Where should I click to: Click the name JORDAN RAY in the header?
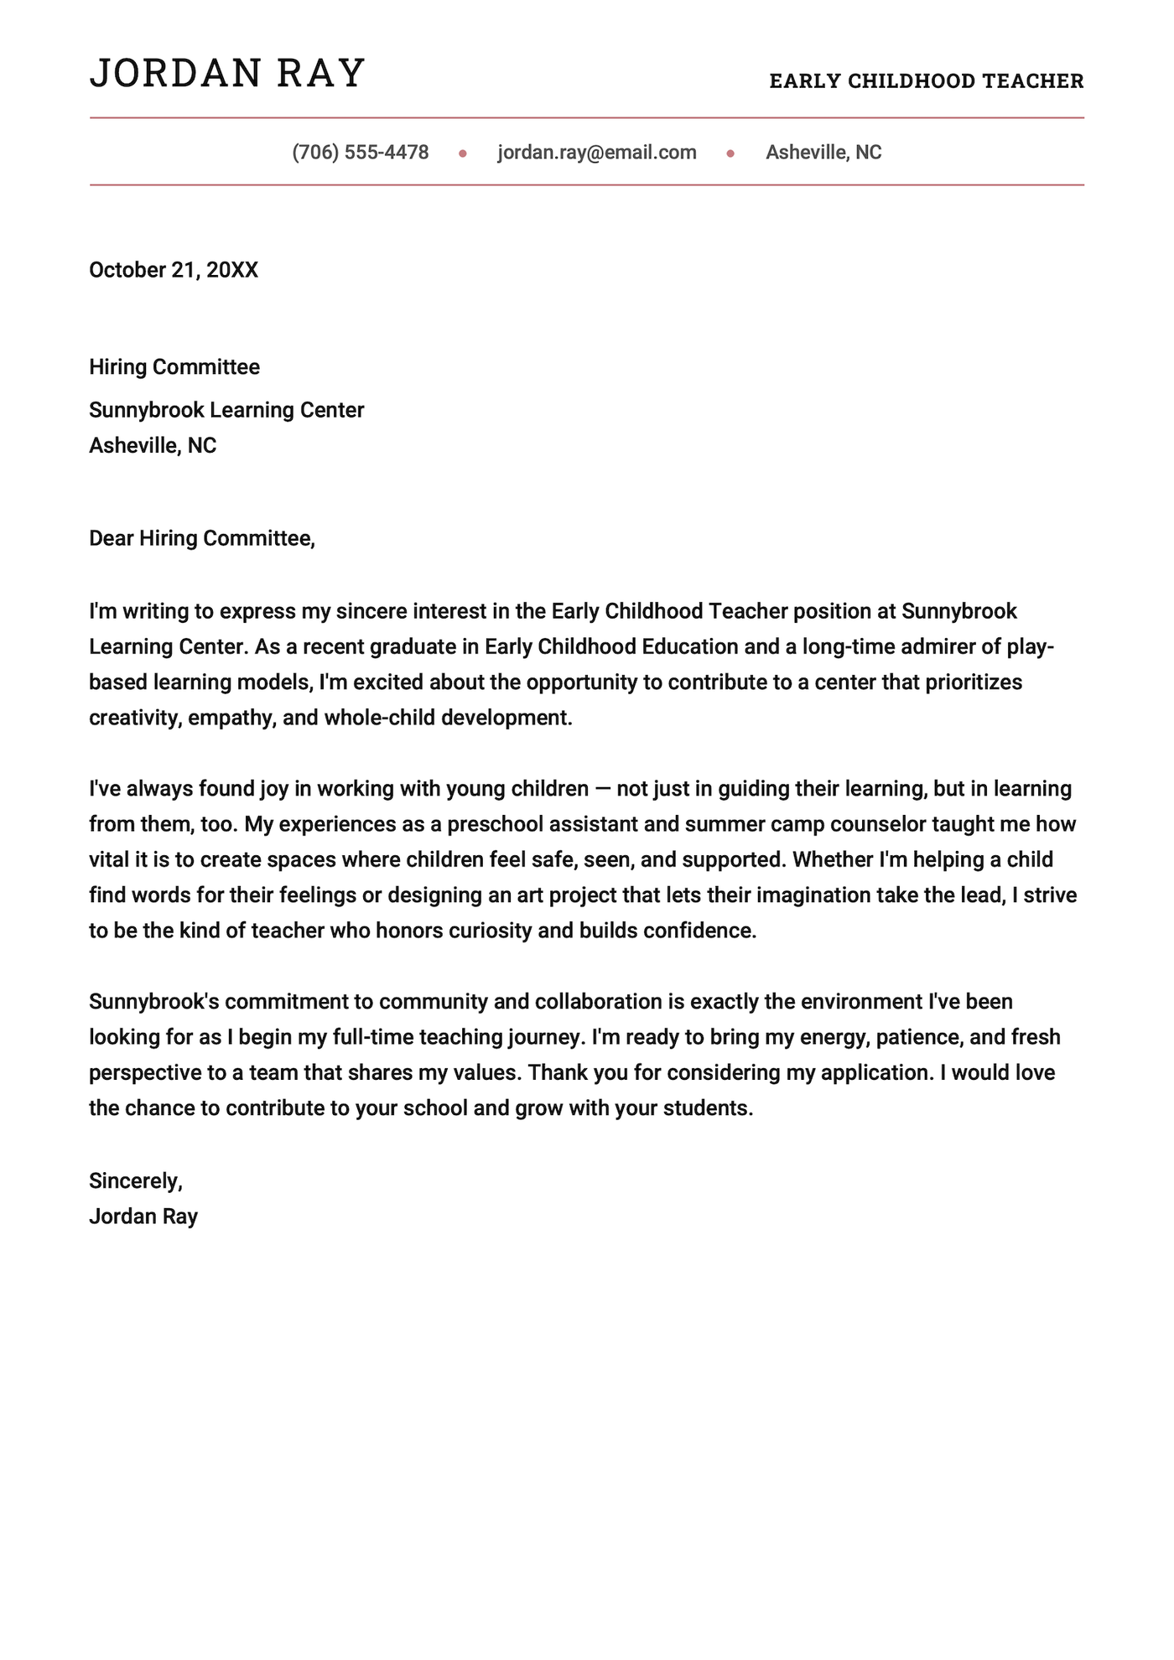point(227,73)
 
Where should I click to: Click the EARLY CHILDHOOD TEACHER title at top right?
point(927,81)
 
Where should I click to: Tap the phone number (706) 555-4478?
point(361,153)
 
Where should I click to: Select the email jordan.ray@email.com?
point(597,153)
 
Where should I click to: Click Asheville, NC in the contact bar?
point(823,153)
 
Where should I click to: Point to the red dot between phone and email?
point(463,153)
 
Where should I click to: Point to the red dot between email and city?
point(730,153)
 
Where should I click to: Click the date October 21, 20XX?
point(174,270)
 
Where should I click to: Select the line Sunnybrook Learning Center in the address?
point(226,410)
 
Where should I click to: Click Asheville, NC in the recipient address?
point(153,445)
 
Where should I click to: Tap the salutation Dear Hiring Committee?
point(202,538)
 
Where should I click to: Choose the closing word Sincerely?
point(136,1180)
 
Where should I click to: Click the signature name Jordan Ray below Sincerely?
point(143,1216)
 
